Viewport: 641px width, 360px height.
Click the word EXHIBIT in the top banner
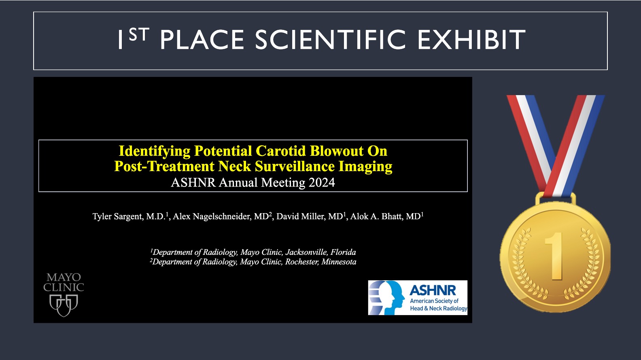coord(471,40)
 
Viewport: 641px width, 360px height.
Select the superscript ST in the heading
coord(139,35)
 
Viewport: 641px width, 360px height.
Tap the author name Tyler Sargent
coord(117,216)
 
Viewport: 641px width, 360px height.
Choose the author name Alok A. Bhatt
coord(376,216)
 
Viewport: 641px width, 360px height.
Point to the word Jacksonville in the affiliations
coord(306,252)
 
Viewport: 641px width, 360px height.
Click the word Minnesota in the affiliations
coord(339,262)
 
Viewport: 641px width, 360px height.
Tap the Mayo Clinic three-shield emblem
coord(64,305)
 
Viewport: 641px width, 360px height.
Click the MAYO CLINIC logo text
coord(64,282)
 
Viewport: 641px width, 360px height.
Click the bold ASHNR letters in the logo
coord(433,290)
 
